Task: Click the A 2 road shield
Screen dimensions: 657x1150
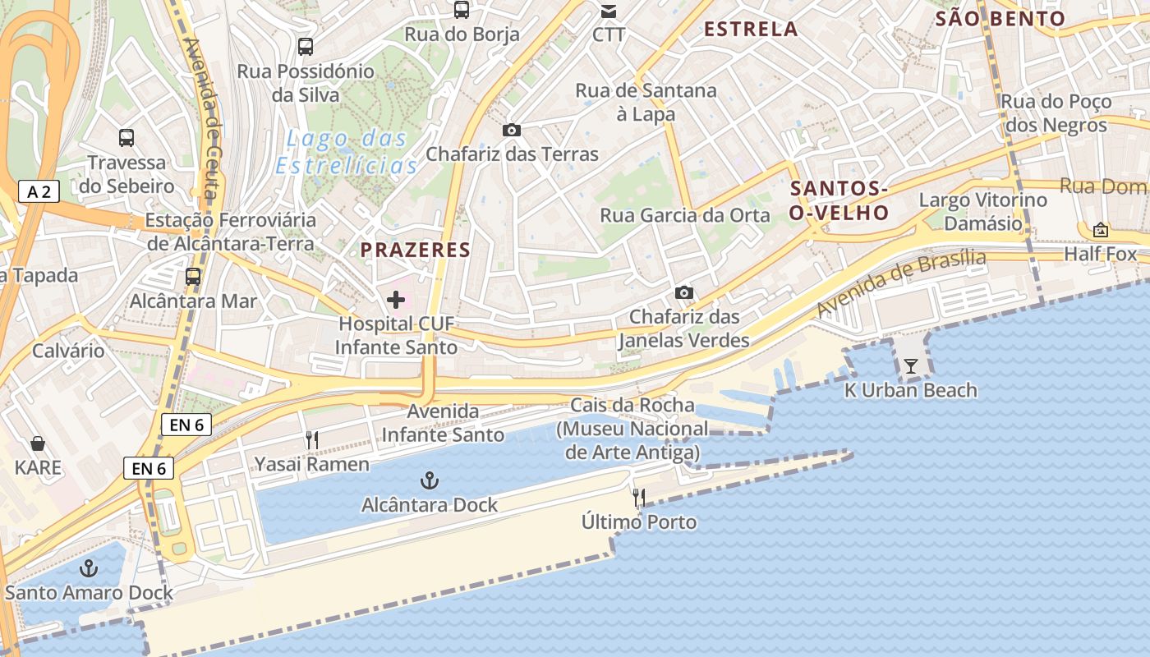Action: (x=39, y=192)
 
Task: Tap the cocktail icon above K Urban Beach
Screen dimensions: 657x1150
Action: (x=910, y=366)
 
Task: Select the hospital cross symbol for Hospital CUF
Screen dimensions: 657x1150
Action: (x=396, y=300)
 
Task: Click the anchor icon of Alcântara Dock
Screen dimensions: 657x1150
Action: (x=430, y=480)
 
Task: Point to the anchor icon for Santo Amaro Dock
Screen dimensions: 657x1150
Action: (x=88, y=568)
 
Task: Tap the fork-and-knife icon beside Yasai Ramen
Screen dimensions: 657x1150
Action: (x=312, y=440)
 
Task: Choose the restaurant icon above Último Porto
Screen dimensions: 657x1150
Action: (x=638, y=497)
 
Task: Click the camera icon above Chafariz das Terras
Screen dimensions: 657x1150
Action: (x=512, y=130)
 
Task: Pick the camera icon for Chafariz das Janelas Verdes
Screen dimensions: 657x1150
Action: (x=683, y=292)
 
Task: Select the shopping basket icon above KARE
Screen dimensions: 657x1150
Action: (x=38, y=444)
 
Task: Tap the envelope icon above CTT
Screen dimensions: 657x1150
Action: (x=609, y=11)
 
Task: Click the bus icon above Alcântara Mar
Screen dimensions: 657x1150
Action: (x=193, y=277)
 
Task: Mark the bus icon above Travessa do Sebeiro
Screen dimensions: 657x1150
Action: (x=126, y=137)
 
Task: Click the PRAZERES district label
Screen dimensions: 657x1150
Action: (x=416, y=250)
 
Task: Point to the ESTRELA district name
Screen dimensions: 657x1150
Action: (x=751, y=30)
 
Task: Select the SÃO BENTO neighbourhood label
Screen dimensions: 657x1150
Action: (x=1000, y=19)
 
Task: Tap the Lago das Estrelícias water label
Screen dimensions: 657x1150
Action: (x=347, y=152)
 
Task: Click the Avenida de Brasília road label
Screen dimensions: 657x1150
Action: (x=901, y=282)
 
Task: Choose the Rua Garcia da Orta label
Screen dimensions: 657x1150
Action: (x=685, y=216)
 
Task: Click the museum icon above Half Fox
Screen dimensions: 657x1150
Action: (x=1100, y=230)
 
